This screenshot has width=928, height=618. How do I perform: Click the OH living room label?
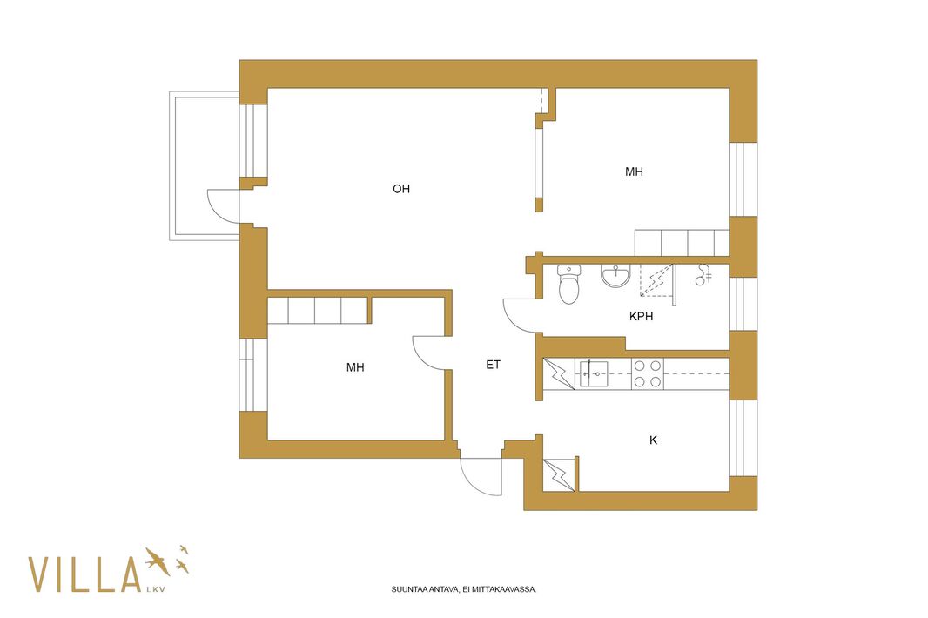(401, 189)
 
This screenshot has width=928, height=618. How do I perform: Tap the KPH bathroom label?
(641, 316)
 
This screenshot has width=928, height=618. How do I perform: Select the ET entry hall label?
(493, 365)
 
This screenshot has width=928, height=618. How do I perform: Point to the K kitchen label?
(654, 440)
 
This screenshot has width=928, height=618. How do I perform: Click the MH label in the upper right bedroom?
(634, 171)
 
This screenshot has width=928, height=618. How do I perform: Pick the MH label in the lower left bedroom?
(355, 367)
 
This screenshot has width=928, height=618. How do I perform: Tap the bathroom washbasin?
(615, 276)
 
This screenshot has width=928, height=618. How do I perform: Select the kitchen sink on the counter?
(593, 374)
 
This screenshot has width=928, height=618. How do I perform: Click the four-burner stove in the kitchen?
(648, 374)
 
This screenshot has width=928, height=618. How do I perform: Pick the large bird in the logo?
(157, 561)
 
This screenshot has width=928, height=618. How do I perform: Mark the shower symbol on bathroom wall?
(703, 275)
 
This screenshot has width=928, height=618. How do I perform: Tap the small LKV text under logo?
(155, 589)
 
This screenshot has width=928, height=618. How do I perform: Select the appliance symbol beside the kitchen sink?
(559, 374)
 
